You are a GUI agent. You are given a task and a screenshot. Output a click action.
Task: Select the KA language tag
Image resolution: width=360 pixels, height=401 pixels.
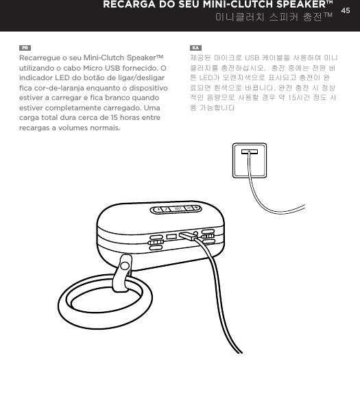click(195, 48)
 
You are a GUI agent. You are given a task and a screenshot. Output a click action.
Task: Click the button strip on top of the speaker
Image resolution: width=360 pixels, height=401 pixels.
click(176, 209)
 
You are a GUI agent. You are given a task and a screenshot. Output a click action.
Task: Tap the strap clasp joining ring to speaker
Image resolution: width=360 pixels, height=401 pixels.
click(124, 269)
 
